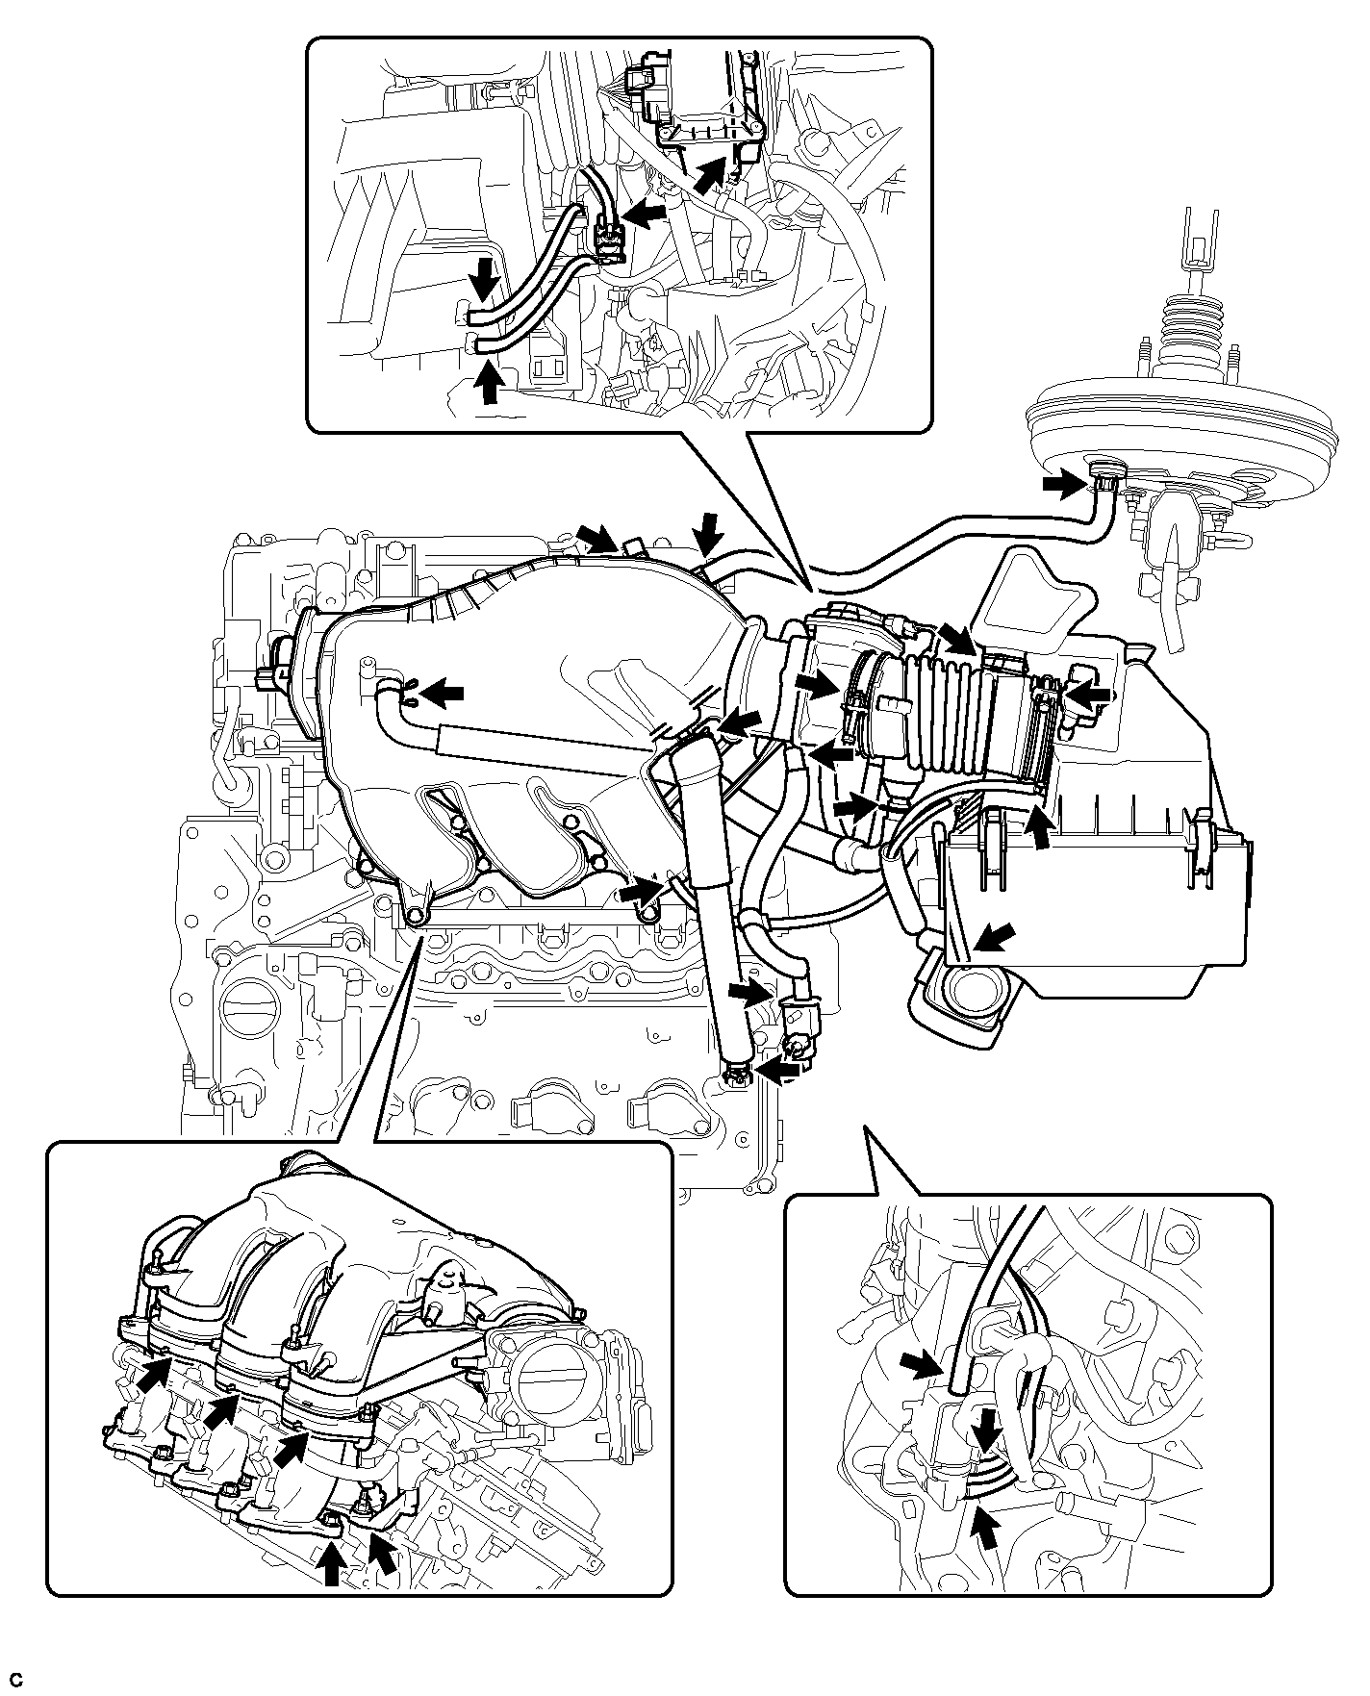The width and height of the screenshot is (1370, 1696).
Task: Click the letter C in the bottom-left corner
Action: point(14,1680)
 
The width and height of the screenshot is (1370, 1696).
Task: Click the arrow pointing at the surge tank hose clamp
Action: point(443,691)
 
